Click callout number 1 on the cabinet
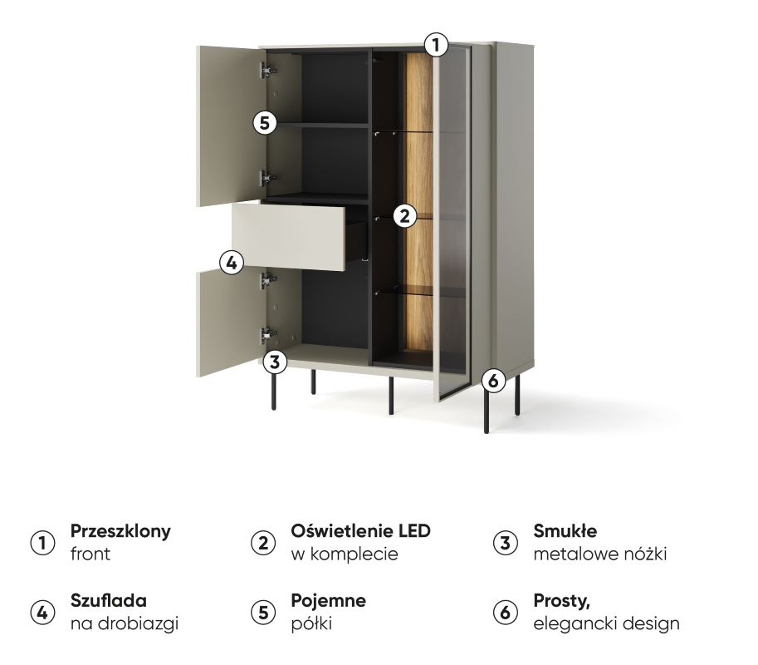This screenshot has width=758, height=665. tap(436, 45)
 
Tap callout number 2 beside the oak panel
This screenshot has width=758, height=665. tap(404, 216)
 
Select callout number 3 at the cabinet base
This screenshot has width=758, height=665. tap(275, 362)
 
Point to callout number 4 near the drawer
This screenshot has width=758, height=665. tap(232, 263)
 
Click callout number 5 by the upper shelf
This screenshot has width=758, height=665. tap(265, 122)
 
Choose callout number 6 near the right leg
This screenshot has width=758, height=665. tap(492, 381)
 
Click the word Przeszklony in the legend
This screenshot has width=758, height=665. tap(120, 531)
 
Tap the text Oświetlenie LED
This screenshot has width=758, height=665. tap(360, 531)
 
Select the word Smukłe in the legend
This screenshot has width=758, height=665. tap(565, 531)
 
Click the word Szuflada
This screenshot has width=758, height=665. tap(108, 601)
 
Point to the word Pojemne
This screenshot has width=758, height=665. tap(328, 601)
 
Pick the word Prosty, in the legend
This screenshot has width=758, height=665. tap(562, 602)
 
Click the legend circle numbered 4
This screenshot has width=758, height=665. tap(42, 613)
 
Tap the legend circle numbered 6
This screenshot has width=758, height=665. tap(505, 613)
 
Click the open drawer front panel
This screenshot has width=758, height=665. tap(288, 237)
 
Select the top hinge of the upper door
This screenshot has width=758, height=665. tap(267, 71)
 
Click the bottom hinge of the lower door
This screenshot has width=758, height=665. tap(267, 334)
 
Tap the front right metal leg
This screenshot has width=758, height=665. tap(487, 411)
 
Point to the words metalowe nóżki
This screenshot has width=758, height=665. tap(600, 554)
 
